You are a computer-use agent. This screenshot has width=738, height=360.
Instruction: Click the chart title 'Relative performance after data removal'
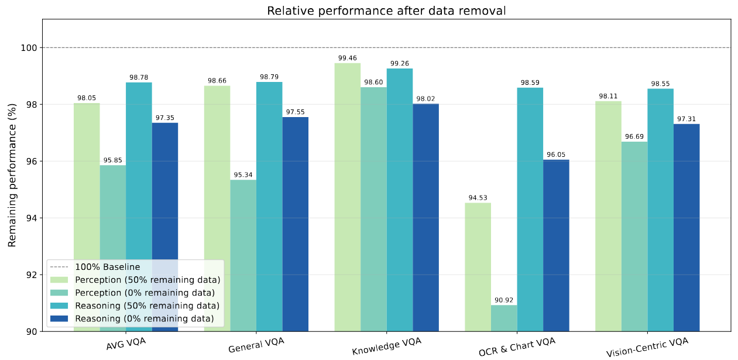pyautogui.click(x=386, y=11)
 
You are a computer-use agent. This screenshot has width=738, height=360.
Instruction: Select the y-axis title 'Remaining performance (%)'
pyautogui.click(x=12, y=176)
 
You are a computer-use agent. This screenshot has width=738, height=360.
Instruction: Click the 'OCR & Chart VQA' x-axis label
pyautogui.click(x=517, y=345)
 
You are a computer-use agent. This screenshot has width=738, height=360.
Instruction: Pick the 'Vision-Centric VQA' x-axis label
pyautogui.click(x=647, y=347)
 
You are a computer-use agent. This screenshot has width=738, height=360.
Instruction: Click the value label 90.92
pyautogui.click(x=504, y=300)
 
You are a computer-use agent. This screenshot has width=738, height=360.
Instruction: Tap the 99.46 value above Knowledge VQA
pyautogui.click(x=347, y=59)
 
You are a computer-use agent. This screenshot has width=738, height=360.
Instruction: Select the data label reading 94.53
pyautogui.click(x=478, y=198)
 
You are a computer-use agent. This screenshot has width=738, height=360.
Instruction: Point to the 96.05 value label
pyautogui.click(x=556, y=155)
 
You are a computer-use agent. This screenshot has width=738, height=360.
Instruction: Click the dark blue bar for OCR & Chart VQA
pyautogui.click(x=556, y=246)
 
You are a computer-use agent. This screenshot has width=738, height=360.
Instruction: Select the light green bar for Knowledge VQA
pyautogui.click(x=347, y=193)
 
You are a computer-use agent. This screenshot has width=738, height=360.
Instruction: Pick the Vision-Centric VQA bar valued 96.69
pyautogui.click(x=634, y=234)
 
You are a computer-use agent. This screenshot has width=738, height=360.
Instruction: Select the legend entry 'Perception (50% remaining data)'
pyautogui.click(x=147, y=279)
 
